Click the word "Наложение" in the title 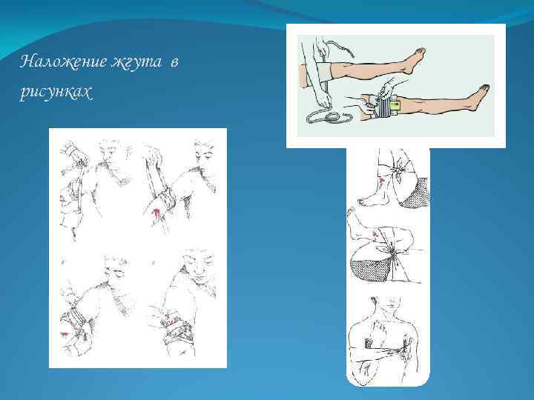tap(63, 62)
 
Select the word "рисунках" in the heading tap(56, 92)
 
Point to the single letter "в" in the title tap(174, 63)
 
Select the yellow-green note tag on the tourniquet tap(395, 106)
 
